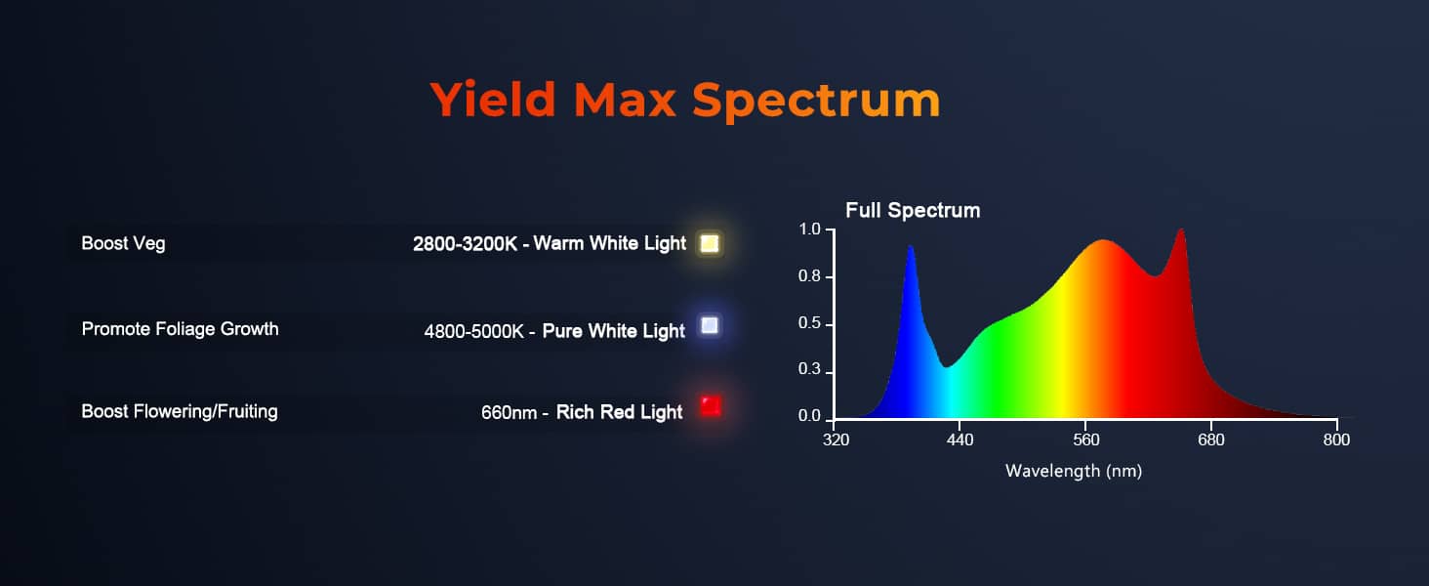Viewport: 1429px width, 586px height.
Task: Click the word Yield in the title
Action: click(493, 100)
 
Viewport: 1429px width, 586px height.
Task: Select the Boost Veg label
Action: click(123, 244)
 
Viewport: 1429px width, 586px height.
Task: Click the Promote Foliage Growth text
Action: click(180, 329)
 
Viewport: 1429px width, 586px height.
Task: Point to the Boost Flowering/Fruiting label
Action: click(180, 412)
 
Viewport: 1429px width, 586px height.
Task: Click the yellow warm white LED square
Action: click(710, 243)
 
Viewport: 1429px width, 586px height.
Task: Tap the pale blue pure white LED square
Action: click(710, 325)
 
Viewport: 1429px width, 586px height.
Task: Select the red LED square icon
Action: click(711, 406)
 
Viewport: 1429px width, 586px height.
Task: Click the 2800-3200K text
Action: click(465, 244)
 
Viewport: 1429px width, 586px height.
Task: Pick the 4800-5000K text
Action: click(474, 331)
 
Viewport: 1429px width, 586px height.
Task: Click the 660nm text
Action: click(510, 412)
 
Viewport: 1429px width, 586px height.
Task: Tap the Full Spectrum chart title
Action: click(913, 210)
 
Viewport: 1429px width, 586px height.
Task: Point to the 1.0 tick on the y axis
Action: click(809, 230)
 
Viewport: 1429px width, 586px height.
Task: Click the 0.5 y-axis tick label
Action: click(809, 323)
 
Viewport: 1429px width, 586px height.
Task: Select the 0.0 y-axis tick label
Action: click(809, 415)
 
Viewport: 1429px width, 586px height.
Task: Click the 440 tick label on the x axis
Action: click(960, 439)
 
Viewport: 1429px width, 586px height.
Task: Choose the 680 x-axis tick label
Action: click(1210, 439)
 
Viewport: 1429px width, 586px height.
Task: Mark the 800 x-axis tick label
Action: click(1336, 439)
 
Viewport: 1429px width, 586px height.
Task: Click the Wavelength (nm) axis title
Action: click(1074, 471)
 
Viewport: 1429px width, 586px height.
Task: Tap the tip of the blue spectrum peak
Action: click(911, 246)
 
